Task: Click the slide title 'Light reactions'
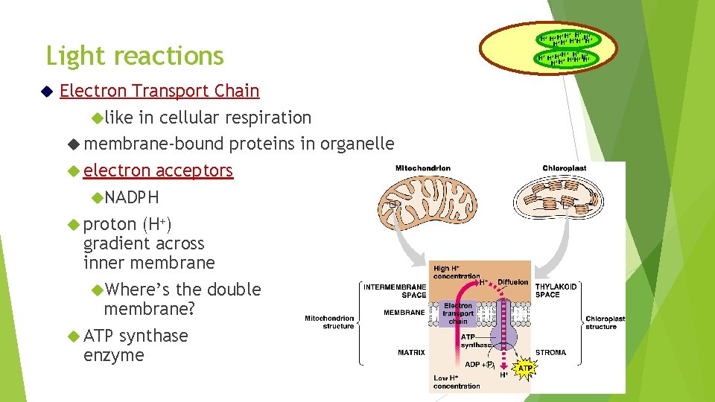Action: click(135, 56)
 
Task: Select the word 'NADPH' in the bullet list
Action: click(132, 197)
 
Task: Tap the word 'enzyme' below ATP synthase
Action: click(114, 355)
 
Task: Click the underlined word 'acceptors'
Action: click(194, 170)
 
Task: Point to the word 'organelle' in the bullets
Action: click(357, 144)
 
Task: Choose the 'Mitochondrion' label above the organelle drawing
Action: click(423, 168)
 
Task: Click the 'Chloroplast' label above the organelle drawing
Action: click(565, 168)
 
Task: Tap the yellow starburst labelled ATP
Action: click(525, 368)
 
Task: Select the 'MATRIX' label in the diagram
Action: click(411, 353)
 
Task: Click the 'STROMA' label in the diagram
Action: click(550, 353)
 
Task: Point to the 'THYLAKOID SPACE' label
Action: click(556, 290)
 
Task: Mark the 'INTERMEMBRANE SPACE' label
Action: click(395, 290)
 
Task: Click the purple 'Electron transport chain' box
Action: click(458, 313)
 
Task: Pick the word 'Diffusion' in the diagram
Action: click(513, 282)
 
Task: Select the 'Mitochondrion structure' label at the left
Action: click(328, 322)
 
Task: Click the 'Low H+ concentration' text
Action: click(457, 382)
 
